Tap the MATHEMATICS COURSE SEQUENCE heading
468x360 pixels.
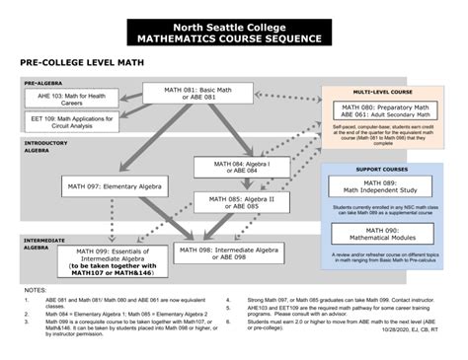(x=233, y=38)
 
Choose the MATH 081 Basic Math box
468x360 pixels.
(x=193, y=93)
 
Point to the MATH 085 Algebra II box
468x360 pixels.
(x=241, y=202)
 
